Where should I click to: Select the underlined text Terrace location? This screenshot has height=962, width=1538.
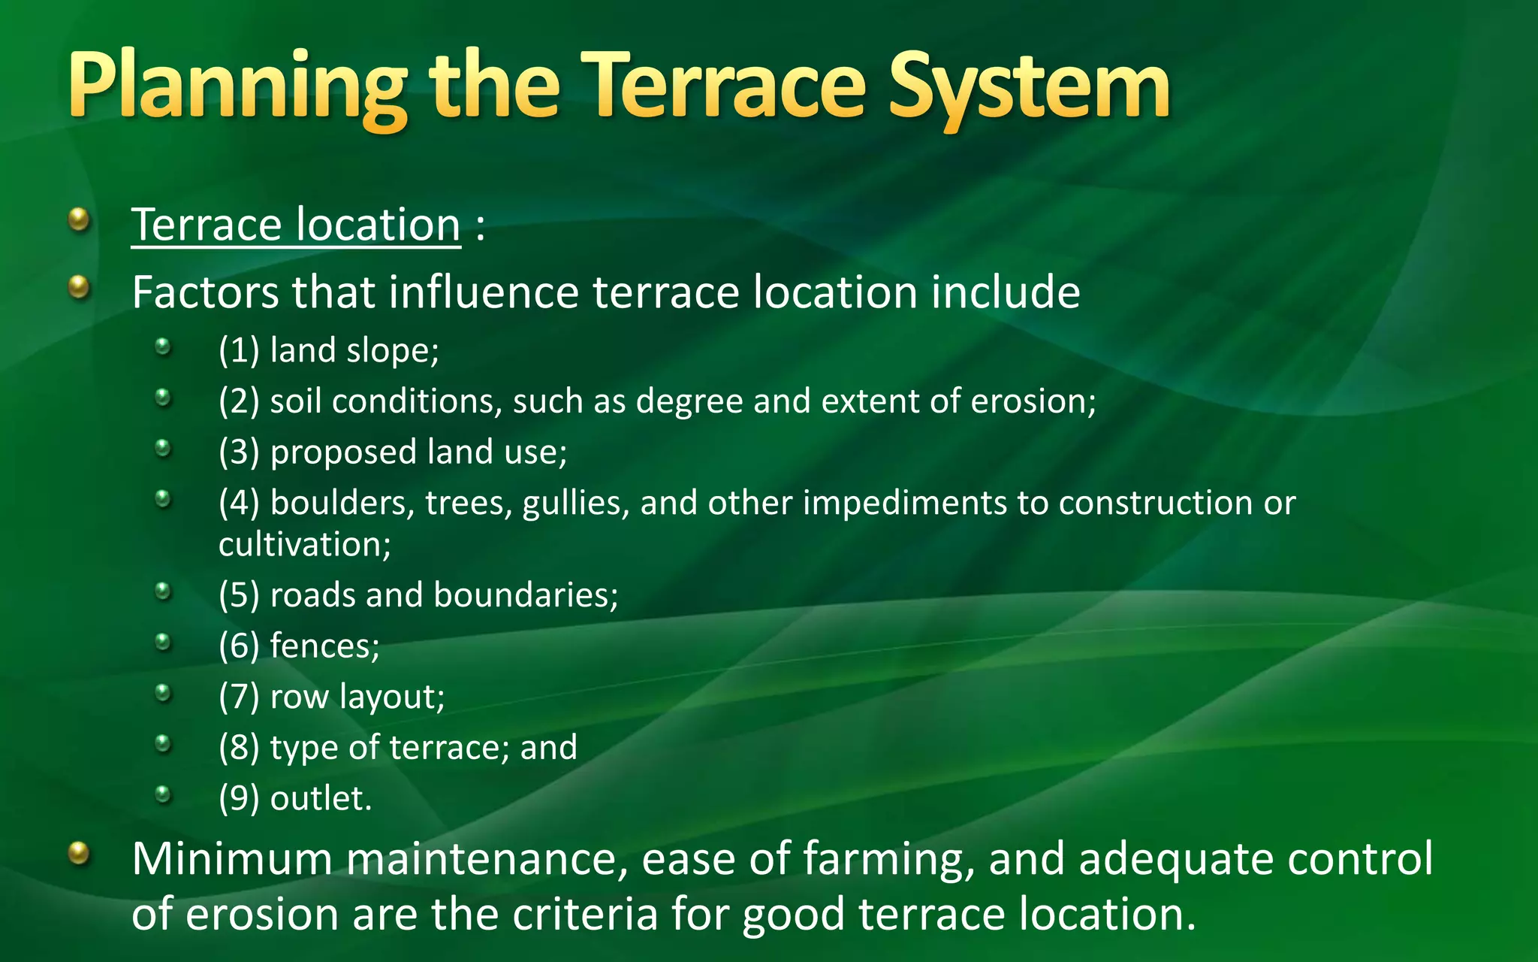pyautogui.click(x=296, y=225)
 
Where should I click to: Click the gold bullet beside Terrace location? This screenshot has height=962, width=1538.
pyautogui.click(x=79, y=220)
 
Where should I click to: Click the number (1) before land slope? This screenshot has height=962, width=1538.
pyautogui.click(x=239, y=350)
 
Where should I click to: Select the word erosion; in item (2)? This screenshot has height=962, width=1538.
pyautogui.click(x=1033, y=401)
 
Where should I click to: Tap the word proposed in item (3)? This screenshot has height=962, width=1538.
pyautogui.click(x=343, y=452)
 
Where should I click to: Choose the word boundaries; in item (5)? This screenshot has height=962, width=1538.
pyautogui.click(x=526, y=594)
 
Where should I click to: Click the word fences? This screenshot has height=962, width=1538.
pyautogui.click(x=324, y=646)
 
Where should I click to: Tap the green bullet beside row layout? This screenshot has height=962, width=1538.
pyautogui.click(x=163, y=692)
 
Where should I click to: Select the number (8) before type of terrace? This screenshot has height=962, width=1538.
pyautogui.click(x=239, y=748)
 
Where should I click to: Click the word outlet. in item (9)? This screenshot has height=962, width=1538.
pyautogui.click(x=321, y=798)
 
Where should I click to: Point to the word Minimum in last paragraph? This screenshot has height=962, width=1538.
pyautogui.click(x=231, y=858)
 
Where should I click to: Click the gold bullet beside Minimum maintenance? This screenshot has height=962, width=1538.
pyautogui.click(x=79, y=853)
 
